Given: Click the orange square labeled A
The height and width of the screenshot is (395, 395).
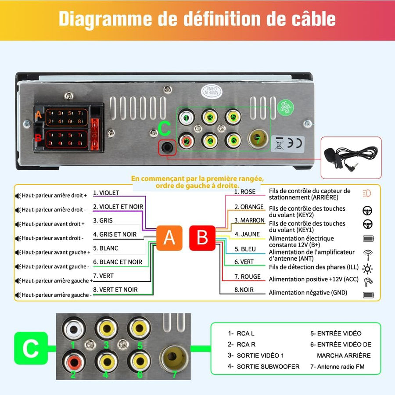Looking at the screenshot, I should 169,238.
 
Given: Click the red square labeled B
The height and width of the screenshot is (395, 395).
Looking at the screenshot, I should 202,238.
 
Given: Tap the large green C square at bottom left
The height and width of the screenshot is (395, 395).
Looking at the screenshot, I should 30,349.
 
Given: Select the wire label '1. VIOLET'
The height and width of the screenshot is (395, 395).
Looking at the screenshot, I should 106,193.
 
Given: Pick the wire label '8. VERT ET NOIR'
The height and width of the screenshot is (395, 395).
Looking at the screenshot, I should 115,290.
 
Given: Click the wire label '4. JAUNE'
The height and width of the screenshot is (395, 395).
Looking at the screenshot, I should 247,234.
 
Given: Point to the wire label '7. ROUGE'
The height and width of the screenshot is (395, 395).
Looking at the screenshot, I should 247,276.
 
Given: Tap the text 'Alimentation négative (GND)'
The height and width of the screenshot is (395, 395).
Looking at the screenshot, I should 308,293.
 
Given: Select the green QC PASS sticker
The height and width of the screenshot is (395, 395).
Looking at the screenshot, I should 284,107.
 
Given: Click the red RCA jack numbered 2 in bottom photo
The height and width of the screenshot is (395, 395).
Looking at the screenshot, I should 73,361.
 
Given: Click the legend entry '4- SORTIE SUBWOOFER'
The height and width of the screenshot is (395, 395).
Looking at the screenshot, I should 263,366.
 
